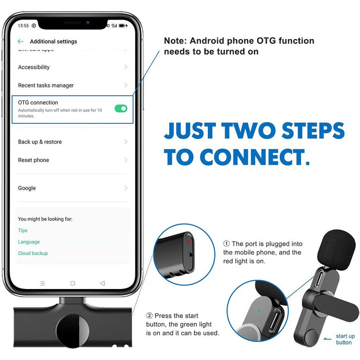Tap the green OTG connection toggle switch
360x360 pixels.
click(121, 109)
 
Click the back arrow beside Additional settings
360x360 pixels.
click(21, 41)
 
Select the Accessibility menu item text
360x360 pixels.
click(34, 67)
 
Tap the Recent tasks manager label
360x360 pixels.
click(46, 85)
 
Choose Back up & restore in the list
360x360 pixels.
click(40, 142)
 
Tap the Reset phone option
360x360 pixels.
click(33, 160)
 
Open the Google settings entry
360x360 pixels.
click(27, 188)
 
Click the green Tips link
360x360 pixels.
click(23, 230)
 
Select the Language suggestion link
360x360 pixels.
click(29, 242)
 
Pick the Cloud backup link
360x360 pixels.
click(33, 253)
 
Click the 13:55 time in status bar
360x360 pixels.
click(23, 26)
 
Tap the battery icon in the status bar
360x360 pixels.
click(122, 26)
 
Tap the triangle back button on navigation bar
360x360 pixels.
click(103, 283)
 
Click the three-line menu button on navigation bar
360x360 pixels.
click(43, 283)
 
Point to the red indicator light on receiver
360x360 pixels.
click(189, 241)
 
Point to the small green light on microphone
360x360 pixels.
click(259, 311)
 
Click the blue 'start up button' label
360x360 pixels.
click(345, 339)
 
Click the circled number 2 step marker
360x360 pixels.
click(149, 315)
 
